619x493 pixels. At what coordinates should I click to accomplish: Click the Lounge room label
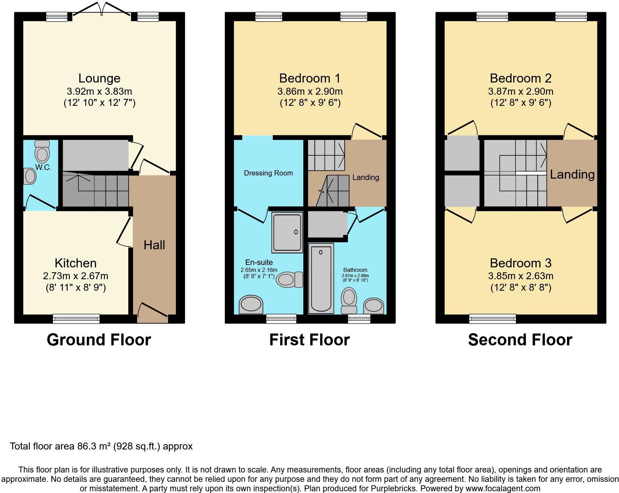99,78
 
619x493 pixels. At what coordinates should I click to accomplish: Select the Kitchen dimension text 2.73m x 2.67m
76,276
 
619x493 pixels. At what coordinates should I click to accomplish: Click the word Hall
154,245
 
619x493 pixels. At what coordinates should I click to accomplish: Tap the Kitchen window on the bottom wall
76,319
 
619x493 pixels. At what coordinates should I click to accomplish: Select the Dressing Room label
268,173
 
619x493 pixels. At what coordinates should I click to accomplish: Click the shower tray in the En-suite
287,232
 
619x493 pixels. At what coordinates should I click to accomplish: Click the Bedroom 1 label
310,78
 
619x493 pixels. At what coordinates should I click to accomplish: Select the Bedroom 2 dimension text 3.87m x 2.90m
521,92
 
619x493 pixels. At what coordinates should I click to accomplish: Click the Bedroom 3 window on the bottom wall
492,319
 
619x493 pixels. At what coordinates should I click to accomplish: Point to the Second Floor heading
520,340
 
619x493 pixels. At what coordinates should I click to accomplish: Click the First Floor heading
309,340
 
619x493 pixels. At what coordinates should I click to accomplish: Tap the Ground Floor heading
99,340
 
